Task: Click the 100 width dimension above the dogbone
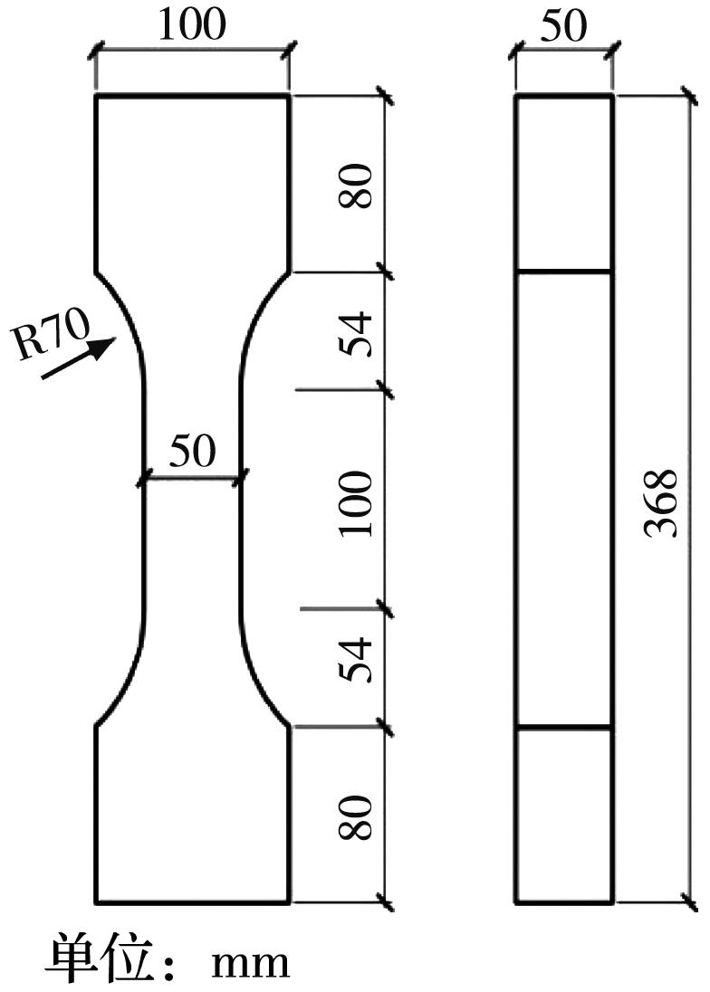point(192,24)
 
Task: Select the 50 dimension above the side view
point(563,25)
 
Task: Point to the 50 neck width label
point(193,451)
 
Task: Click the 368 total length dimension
point(660,503)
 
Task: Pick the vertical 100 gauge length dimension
point(355,503)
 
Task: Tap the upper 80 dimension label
point(355,186)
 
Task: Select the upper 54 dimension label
point(355,334)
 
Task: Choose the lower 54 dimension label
point(355,660)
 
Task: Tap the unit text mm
point(251,964)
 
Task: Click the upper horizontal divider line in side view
point(564,272)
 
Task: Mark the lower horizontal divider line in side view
point(564,728)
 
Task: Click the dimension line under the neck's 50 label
point(193,478)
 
